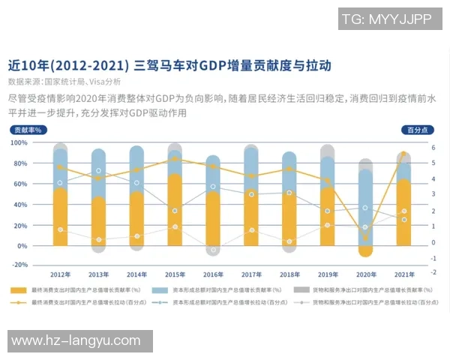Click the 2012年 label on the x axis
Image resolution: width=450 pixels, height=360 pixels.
point(60,274)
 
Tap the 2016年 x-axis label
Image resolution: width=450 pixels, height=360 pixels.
point(213,274)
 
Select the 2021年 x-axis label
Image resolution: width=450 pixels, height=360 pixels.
point(403,274)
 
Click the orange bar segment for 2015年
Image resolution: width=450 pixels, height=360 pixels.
point(175,210)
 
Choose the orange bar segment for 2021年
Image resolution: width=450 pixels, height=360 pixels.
point(403,214)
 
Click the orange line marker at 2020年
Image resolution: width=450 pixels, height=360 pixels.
point(365,237)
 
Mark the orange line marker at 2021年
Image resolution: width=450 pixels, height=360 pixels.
point(403,154)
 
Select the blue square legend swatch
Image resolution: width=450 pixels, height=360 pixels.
point(159,289)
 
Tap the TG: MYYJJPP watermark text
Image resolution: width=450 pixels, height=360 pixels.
point(386,19)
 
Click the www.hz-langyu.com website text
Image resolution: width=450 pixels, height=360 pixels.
point(76,340)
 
